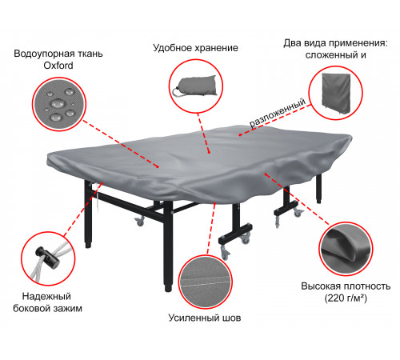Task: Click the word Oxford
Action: (58, 66)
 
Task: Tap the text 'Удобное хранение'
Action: (195, 48)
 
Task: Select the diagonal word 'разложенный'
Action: (278, 113)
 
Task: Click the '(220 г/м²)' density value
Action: (346, 298)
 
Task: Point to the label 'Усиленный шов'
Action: (205, 318)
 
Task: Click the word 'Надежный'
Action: (46, 296)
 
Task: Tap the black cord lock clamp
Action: (47, 257)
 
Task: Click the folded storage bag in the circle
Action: (195, 86)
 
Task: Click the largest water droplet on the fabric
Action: (58, 103)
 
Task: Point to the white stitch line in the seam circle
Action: (206, 282)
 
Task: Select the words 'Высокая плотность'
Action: (346, 286)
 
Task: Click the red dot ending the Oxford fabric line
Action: (158, 167)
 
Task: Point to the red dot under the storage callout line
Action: (209, 152)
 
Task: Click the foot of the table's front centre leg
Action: (168, 288)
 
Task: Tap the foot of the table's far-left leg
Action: (89, 244)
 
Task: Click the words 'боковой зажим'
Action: (47, 309)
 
